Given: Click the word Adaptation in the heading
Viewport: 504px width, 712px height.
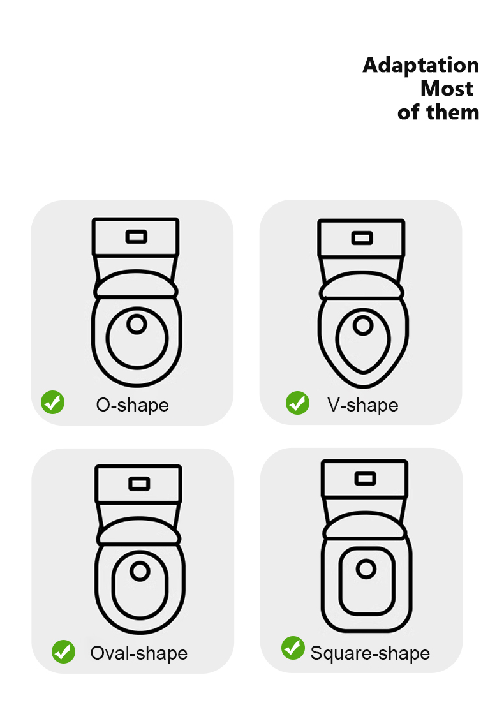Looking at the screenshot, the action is pos(421,66).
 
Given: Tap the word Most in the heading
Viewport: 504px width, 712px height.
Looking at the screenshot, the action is pos(447,89).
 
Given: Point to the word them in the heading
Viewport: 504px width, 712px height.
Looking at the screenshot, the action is pos(453,112).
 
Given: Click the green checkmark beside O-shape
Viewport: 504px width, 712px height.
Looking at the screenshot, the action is pos(53,403).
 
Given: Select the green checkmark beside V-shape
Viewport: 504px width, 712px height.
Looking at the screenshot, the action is pos(297,403).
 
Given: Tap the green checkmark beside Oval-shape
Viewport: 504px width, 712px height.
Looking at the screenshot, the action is pos(64,651).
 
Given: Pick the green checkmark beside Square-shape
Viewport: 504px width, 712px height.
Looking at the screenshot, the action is pos(293,648).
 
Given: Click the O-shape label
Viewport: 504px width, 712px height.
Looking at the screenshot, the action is pos(132,405).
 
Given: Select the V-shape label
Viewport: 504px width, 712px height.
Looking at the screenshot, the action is pos(362,405).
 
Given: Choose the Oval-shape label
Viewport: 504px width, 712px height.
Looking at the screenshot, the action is pos(139,653).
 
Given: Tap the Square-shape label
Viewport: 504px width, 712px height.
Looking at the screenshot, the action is pos(370,653).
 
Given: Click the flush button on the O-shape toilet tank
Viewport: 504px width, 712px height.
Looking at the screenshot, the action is pos(137,237).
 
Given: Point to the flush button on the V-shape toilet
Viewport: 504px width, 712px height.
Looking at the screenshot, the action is pos(362,238).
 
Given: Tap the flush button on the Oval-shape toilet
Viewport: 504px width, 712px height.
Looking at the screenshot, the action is pos(139,484).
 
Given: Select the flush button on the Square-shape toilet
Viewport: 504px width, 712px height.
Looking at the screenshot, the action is pos(365,478).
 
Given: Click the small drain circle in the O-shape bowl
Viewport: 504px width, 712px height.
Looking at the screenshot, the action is pos(137,324).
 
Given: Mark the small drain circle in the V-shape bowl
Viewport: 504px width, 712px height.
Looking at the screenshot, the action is pos(363,325).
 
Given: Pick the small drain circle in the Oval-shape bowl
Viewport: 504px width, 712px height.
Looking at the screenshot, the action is pos(140,571).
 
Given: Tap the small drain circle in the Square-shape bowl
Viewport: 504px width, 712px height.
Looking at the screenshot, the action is pos(366,569).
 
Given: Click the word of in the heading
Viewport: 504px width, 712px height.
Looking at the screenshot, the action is pos(408,112).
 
